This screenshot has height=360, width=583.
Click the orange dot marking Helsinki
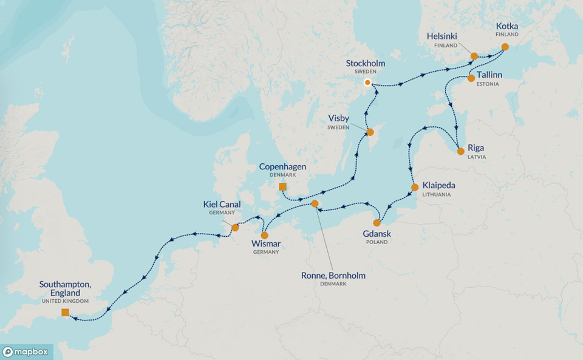(x=474, y=56)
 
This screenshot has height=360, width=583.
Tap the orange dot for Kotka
(x=505, y=47)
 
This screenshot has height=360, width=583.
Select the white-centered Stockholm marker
(x=367, y=83)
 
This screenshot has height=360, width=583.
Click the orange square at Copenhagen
(x=282, y=187)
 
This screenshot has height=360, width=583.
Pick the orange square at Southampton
(x=65, y=313)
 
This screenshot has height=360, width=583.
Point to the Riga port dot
(x=460, y=151)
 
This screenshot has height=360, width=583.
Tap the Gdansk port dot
(x=377, y=223)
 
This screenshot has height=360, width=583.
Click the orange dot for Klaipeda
(x=415, y=187)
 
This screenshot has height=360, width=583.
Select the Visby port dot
(x=369, y=132)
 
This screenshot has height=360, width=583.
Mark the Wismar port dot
(x=264, y=235)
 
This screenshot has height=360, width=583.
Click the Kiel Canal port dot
(x=235, y=228)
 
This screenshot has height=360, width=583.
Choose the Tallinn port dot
(x=471, y=78)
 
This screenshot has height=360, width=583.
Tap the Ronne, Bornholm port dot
(x=315, y=203)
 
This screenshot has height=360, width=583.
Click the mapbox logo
(x=27, y=352)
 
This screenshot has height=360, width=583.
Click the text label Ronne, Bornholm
(x=333, y=275)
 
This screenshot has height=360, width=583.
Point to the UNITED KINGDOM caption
(x=65, y=301)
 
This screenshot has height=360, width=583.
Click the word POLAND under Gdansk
(x=377, y=242)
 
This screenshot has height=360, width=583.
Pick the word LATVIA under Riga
(x=477, y=157)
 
